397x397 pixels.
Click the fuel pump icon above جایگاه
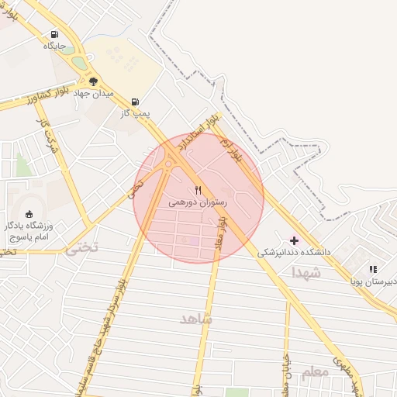[x=54, y=34]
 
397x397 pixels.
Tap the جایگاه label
[x=54, y=47]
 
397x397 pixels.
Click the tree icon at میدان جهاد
[x=94, y=81]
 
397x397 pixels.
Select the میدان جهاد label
[x=95, y=93]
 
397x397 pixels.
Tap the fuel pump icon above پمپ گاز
[x=136, y=102]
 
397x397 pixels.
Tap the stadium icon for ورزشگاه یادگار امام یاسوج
[x=29, y=214]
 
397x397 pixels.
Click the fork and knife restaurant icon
[x=198, y=190]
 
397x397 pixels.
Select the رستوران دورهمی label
[x=197, y=202]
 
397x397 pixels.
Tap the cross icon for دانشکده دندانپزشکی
[x=293, y=240]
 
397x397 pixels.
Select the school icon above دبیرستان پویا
[x=373, y=269]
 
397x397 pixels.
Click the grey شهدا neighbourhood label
[x=306, y=273]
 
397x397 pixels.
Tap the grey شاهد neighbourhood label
[x=195, y=319]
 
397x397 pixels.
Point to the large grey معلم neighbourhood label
[x=315, y=372]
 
